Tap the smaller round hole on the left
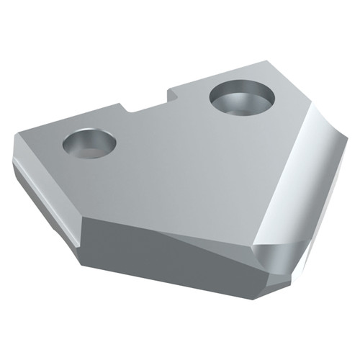(x=90, y=142)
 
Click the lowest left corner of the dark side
(x=81, y=266)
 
